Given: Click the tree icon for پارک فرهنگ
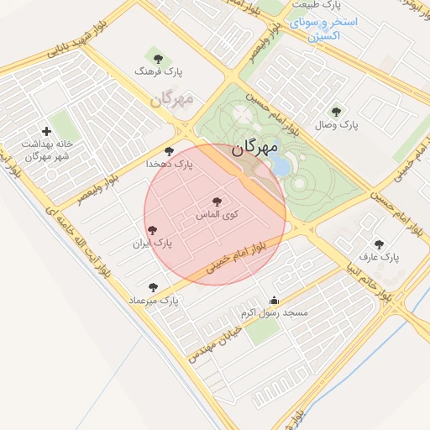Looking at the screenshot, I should pos(157,59).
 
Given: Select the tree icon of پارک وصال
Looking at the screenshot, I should pos(336,111).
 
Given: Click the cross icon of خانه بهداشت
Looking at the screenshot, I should pos(45,130).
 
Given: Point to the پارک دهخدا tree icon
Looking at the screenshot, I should pos(170,151).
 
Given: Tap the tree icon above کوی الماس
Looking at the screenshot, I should pos(218,202).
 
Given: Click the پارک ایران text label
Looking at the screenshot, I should pos(152,244).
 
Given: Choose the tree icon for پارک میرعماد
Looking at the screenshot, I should pos(152,287).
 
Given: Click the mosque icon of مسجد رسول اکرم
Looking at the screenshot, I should pos(273,300).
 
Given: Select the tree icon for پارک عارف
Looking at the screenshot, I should pos(379,244).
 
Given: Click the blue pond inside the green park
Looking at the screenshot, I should pos(281,165).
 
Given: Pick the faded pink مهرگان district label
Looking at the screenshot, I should pos(172,99).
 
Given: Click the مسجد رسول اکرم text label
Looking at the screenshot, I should pos(275,312).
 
